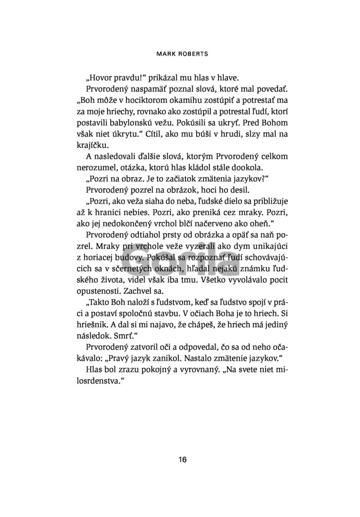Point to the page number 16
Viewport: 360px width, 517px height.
[180, 460]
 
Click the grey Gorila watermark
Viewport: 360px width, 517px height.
[180, 265]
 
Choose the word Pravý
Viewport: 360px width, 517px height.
[171, 360]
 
